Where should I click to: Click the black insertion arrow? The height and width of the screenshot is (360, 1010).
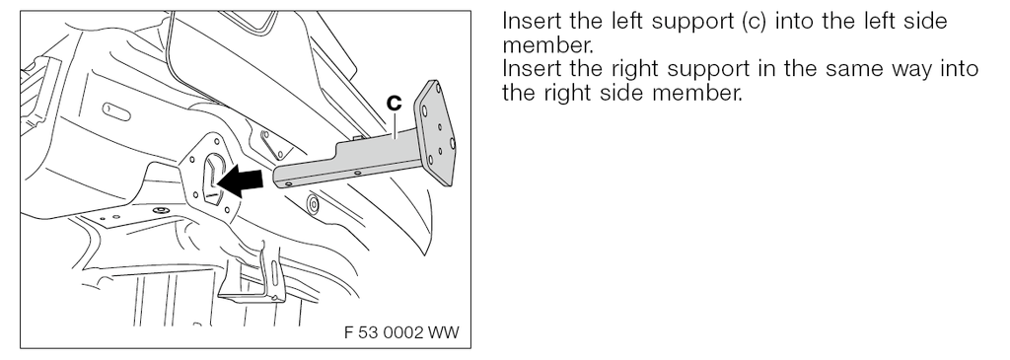click(241, 180)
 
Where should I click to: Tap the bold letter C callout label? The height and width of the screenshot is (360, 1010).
click(394, 102)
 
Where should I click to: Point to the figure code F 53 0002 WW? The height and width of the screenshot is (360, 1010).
click(401, 332)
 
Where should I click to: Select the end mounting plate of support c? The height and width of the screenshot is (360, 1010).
click(435, 132)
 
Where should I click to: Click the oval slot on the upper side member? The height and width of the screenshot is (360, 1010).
click(116, 112)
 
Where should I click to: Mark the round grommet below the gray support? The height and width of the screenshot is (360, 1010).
click(313, 205)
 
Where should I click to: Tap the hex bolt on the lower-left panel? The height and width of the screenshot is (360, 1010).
click(158, 211)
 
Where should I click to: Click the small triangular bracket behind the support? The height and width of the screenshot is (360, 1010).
click(273, 143)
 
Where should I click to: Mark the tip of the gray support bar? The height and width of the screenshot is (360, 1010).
click(277, 178)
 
